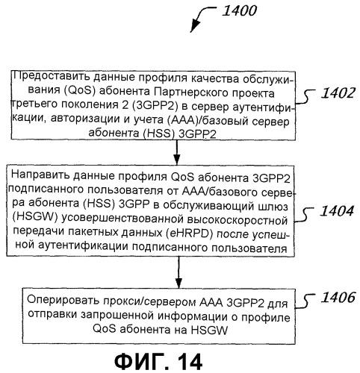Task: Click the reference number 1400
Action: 239,11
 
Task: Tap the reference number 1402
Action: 338,93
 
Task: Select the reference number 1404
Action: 337,211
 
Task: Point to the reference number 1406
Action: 338,298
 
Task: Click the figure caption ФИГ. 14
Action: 158,362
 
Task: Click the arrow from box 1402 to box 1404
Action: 176,152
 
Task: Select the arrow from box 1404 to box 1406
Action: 179,272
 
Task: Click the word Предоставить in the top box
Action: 52,76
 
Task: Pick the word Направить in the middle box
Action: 40,175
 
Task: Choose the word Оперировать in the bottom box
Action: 63,300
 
